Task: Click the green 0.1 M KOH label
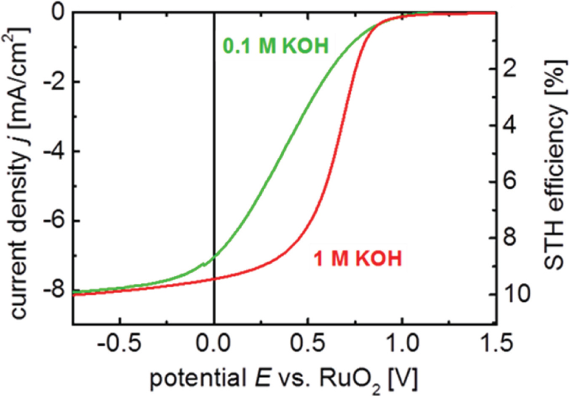tap(275, 45)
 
